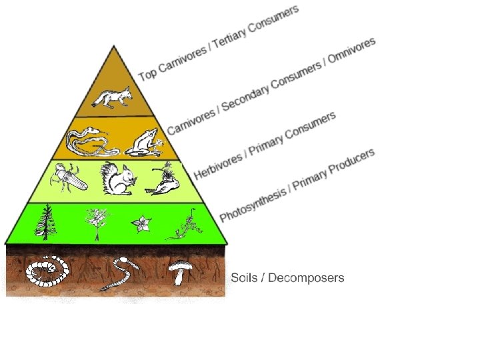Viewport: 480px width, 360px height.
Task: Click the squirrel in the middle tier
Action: pyautogui.click(x=117, y=179)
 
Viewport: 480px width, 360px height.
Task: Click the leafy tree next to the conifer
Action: pyautogui.click(x=97, y=223)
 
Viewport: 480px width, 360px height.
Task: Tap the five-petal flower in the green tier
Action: pyautogui.click(x=141, y=224)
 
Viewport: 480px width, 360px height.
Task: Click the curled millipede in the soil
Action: pyautogui.click(x=47, y=271)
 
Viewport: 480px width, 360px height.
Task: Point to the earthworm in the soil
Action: pyautogui.click(x=119, y=273)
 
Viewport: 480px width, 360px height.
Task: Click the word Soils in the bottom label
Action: pyautogui.click(x=244, y=277)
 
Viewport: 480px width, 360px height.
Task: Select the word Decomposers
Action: pyautogui.click(x=306, y=277)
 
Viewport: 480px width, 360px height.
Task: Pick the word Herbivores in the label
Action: pyautogui.click(x=217, y=166)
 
